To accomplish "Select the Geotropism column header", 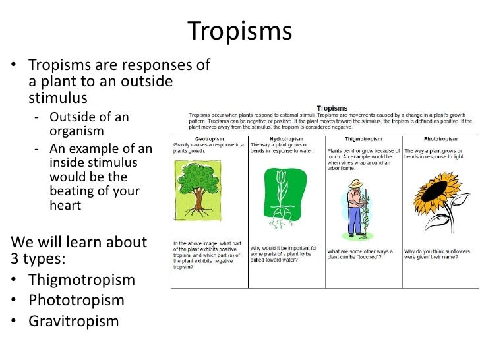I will [x=210, y=138].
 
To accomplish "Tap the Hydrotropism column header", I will [x=287, y=138].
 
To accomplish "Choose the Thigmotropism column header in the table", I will [x=363, y=138].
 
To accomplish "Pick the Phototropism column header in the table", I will [x=441, y=138].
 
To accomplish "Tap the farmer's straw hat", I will [x=357, y=184].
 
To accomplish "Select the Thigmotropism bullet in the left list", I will [x=81, y=280].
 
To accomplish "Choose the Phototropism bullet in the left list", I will [x=76, y=301].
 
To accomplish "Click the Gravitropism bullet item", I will [x=73, y=322].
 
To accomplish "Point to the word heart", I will [x=65, y=205].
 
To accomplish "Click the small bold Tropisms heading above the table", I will [x=333, y=108].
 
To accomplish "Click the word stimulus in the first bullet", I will [x=57, y=99].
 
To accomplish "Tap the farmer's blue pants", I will [x=355, y=220].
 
